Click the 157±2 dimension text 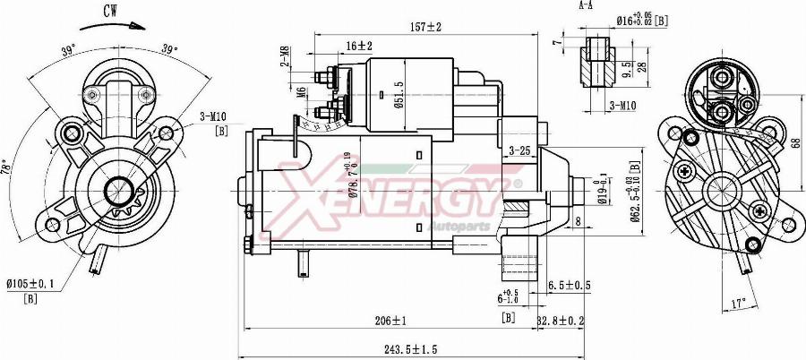426,28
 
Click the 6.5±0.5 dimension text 569,286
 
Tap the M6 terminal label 302,90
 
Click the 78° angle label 7,167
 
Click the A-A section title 587,5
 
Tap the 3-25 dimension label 520,150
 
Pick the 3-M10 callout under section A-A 622,105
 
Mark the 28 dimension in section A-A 617,69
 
